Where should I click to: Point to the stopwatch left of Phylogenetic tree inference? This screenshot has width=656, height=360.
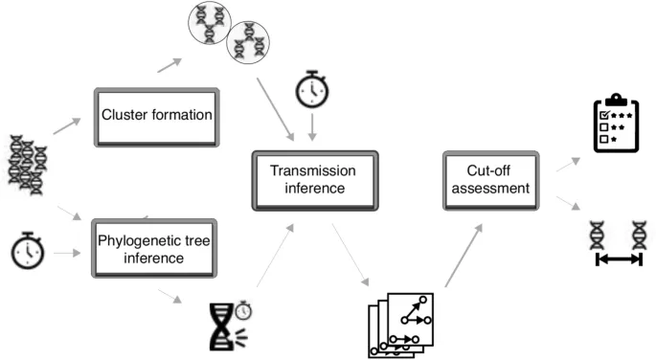pyautogui.click(x=28, y=252)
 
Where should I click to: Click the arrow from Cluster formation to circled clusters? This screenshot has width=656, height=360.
pyautogui.click(x=169, y=65)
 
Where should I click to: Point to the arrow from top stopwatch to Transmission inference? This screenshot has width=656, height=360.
pyautogui.click(x=313, y=127)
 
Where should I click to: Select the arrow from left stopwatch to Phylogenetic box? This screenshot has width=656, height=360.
pyautogui.click(x=66, y=253)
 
